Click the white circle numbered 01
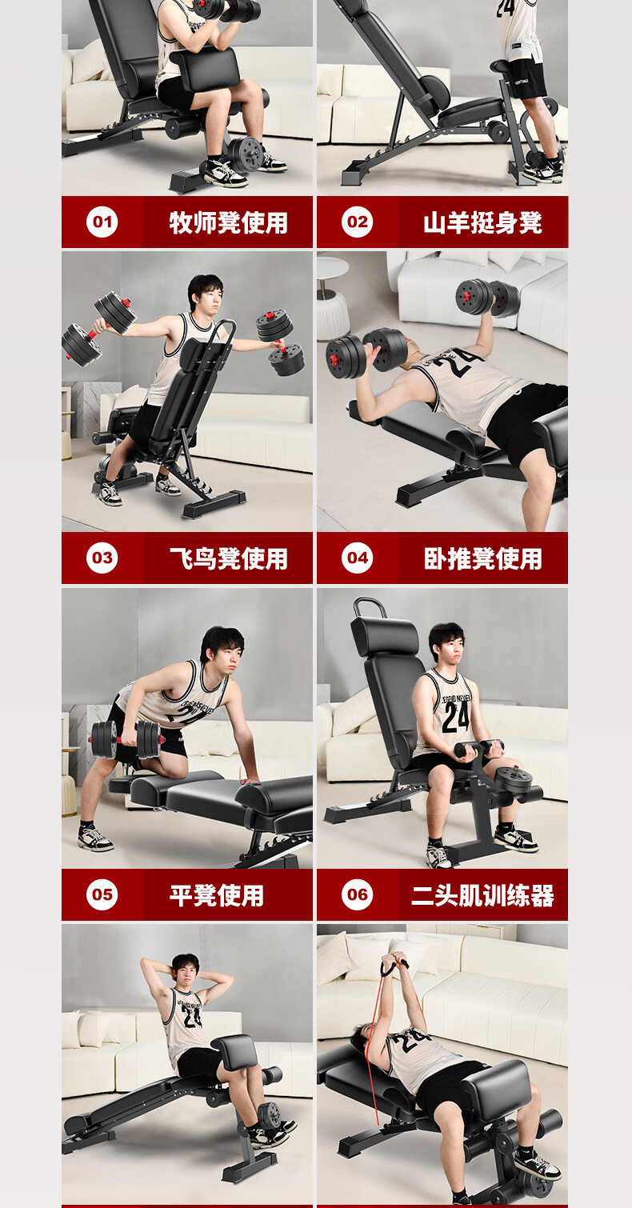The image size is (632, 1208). point(102,222)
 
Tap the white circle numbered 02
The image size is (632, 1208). point(357,222)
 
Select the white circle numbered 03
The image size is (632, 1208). point(102,558)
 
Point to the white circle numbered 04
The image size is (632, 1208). point(357,558)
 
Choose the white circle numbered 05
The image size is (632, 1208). point(102,894)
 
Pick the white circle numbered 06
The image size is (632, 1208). point(357,894)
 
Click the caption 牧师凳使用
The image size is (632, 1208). point(229,222)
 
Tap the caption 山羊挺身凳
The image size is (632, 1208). point(482,222)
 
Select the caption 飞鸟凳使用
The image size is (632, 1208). point(229,558)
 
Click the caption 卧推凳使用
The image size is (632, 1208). point(482,558)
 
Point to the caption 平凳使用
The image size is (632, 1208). point(217,894)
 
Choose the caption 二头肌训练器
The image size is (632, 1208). point(482,894)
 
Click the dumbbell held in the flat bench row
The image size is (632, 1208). point(126,739)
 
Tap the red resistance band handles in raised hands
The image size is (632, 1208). point(394,967)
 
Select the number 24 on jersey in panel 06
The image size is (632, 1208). point(456,717)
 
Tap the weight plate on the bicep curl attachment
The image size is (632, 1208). point(514,780)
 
